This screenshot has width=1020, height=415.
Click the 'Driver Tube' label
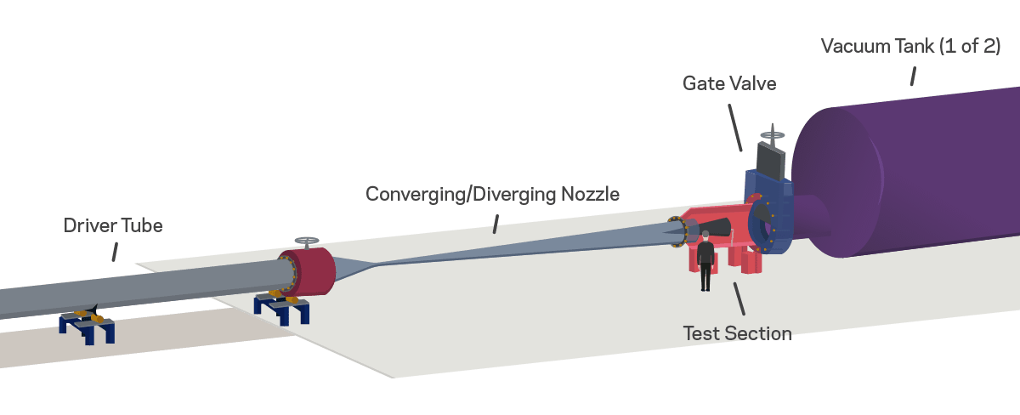click(x=112, y=226)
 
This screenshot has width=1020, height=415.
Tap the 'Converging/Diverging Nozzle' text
click(x=492, y=194)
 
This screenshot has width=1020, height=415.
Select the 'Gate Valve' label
click(x=729, y=83)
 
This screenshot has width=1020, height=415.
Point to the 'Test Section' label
click(x=737, y=333)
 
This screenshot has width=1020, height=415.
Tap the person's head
click(x=705, y=234)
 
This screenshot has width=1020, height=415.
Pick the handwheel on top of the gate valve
click(x=773, y=133)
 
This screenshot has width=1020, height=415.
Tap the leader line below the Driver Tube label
click(x=114, y=251)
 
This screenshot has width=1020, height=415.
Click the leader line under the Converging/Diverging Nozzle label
click(x=496, y=224)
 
